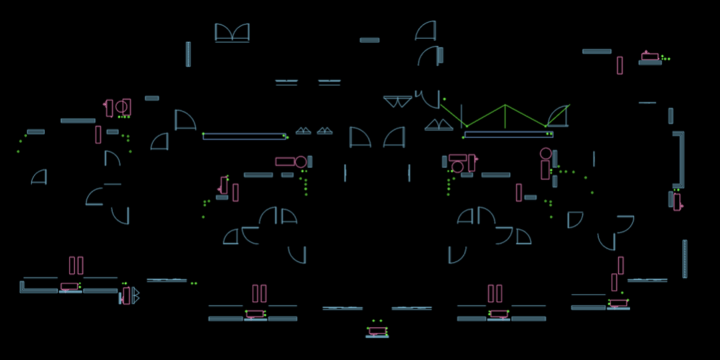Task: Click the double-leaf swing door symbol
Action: click(x=232, y=33)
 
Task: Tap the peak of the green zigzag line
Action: click(x=505, y=105)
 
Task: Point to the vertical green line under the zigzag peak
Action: click(x=505, y=117)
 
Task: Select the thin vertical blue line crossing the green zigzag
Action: click(x=461, y=117)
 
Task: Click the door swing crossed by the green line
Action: click(x=558, y=117)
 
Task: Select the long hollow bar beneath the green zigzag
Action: click(x=508, y=135)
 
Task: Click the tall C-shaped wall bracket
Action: click(x=679, y=159)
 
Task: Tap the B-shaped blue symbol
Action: click(x=135, y=295)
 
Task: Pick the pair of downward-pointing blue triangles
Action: click(x=397, y=101)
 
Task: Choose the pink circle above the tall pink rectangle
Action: click(x=545, y=153)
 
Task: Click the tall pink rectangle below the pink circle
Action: click(x=545, y=170)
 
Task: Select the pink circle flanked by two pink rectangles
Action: click(x=121, y=107)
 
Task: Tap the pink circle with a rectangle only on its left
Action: click(x=301, y=162)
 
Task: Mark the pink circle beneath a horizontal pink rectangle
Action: click(x=457, y=167)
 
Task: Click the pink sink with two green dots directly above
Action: click(x=377, y=331)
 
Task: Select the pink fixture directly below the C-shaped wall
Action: click(x=677, y=202)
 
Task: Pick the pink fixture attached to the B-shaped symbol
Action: click(x=126, y=296)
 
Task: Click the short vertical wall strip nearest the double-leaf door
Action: click(x=188, y=54)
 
